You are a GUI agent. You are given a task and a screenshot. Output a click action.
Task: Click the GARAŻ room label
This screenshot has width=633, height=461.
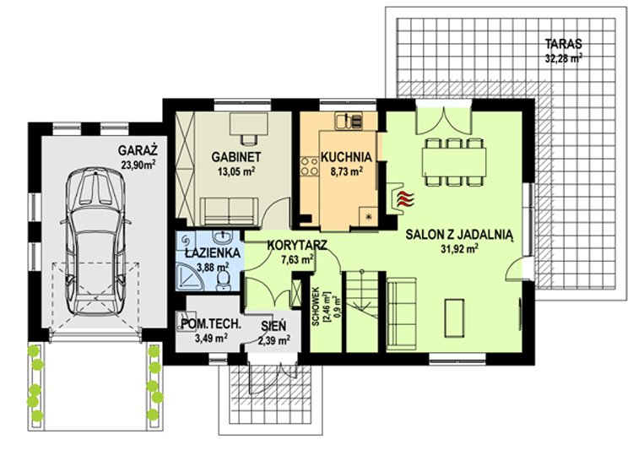tap(138, 151)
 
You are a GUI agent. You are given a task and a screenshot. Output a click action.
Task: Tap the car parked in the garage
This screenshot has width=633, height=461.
tap(95, 241)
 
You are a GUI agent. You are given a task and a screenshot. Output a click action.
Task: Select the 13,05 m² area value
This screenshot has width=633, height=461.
tap(236, 171)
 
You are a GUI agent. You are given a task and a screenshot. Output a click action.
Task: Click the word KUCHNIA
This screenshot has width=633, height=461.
tap(346, 157)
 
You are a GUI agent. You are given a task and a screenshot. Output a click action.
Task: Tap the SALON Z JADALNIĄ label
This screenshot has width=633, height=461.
tap(459, 235)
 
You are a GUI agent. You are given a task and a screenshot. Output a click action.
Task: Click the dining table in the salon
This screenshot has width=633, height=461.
tap(454, 162)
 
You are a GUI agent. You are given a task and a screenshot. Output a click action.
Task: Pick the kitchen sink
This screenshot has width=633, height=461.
tap(348, 120)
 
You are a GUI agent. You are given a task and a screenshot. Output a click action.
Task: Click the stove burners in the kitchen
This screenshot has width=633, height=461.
tap(309, 166)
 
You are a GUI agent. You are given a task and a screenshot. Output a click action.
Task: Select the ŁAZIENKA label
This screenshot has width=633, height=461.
tap(213, 253)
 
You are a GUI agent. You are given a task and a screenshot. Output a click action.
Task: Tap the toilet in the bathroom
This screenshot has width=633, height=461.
tap(223, 280)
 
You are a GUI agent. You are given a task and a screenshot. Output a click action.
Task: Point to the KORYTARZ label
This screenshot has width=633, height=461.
tap(297, 245)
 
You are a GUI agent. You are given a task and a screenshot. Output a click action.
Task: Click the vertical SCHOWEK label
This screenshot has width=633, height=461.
tap(316, 306)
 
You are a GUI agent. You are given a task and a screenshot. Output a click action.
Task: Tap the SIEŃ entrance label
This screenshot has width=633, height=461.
tap(273, 326)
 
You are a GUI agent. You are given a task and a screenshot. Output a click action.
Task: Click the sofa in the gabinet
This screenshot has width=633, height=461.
tap(230, 211)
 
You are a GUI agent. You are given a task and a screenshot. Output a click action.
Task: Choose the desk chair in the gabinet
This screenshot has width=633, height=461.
tap(249, 138)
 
